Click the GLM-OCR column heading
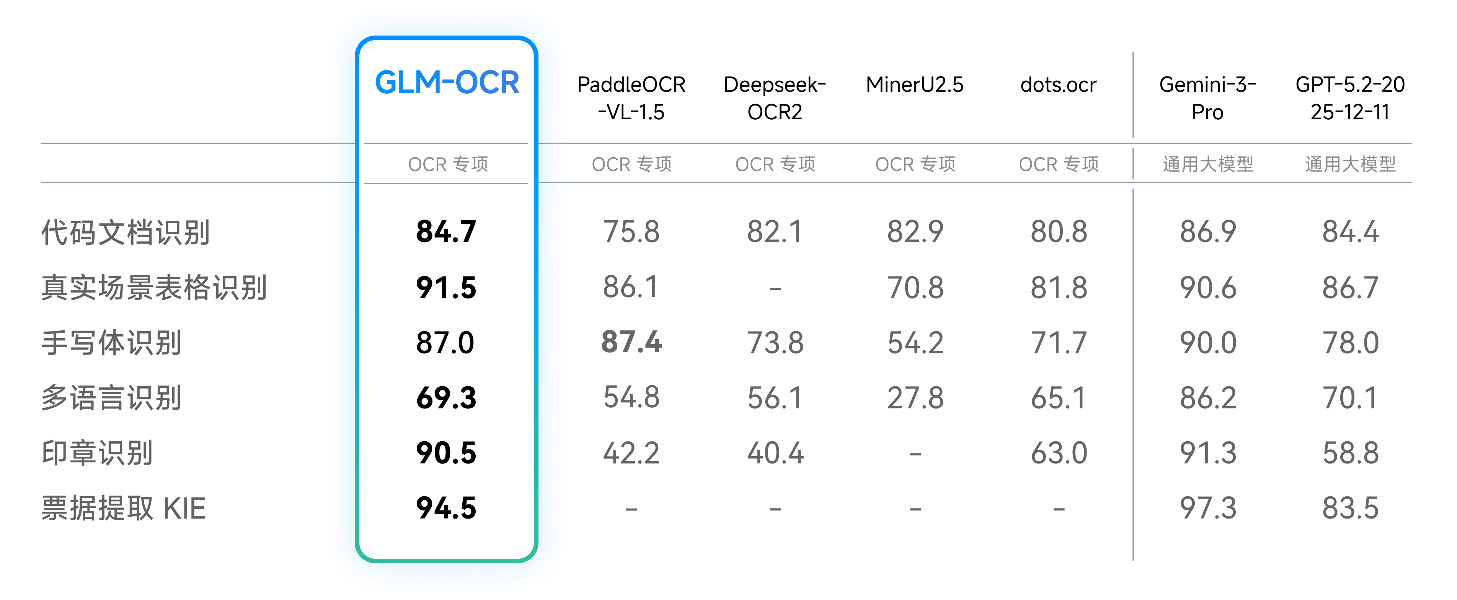[x=447, y=83]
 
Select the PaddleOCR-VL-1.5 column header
[x=631, y=98]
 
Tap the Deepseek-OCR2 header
[x=775, y=98]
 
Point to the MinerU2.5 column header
[x=915, y=85]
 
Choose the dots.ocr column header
[x=1058, y=85]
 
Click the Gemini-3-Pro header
[x=1207, y=98]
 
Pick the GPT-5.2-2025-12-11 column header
[x=1350, y=98]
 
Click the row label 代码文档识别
[x=126, y=232]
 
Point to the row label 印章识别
[x=97, y=453]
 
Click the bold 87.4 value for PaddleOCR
[x=631, y=342]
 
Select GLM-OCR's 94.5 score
[x=446, y=508]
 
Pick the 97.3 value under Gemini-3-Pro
[x=1207, y=508]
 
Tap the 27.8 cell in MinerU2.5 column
[x=915, y=398]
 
